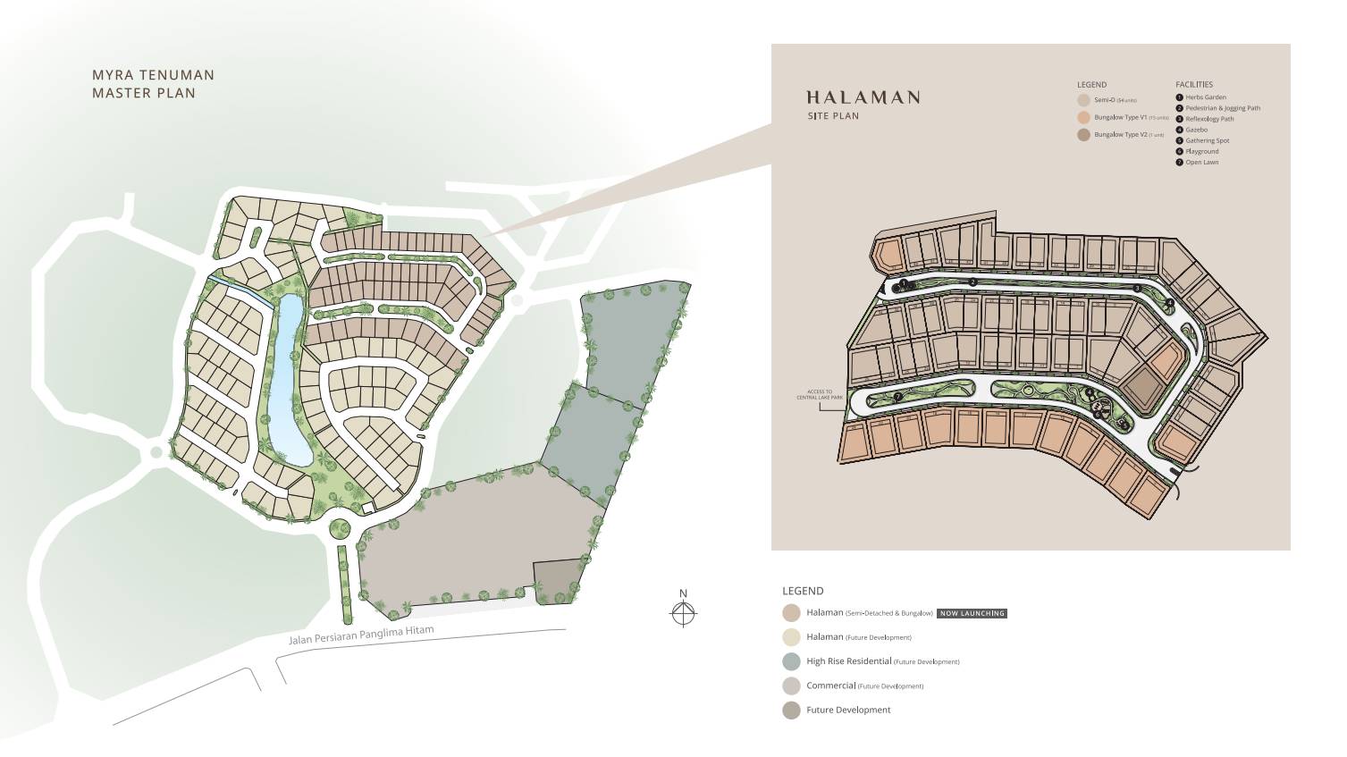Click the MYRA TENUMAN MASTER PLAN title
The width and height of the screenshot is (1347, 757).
pos(153,84)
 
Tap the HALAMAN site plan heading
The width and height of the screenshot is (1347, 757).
pos(862,98)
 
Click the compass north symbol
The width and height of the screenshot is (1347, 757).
pos(683,612)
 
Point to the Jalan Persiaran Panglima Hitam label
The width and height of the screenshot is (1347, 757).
pos(361,635)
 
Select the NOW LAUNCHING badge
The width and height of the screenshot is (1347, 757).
pos(972,613)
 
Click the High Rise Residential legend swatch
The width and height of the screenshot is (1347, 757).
pos(790,661)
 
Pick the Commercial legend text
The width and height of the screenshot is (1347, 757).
pos(830,686)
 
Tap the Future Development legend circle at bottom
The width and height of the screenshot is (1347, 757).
pos(790,711)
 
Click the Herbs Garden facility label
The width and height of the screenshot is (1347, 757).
pos(1206,97)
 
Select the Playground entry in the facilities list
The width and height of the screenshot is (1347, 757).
pos(1201,152)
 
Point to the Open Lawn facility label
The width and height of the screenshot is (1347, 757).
pos(1201,163)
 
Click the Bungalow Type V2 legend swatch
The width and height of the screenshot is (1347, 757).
pos(1083,135)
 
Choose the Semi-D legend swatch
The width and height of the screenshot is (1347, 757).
pos(1083,100)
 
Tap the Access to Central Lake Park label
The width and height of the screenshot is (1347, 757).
pos(819,394)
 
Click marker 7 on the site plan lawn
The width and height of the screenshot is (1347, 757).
pos(897,397)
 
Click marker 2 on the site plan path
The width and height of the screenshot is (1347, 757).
pos(972,282)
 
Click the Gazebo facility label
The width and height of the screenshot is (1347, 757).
pos(1196,130)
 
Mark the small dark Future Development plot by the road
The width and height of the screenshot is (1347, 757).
pos(556,582)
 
